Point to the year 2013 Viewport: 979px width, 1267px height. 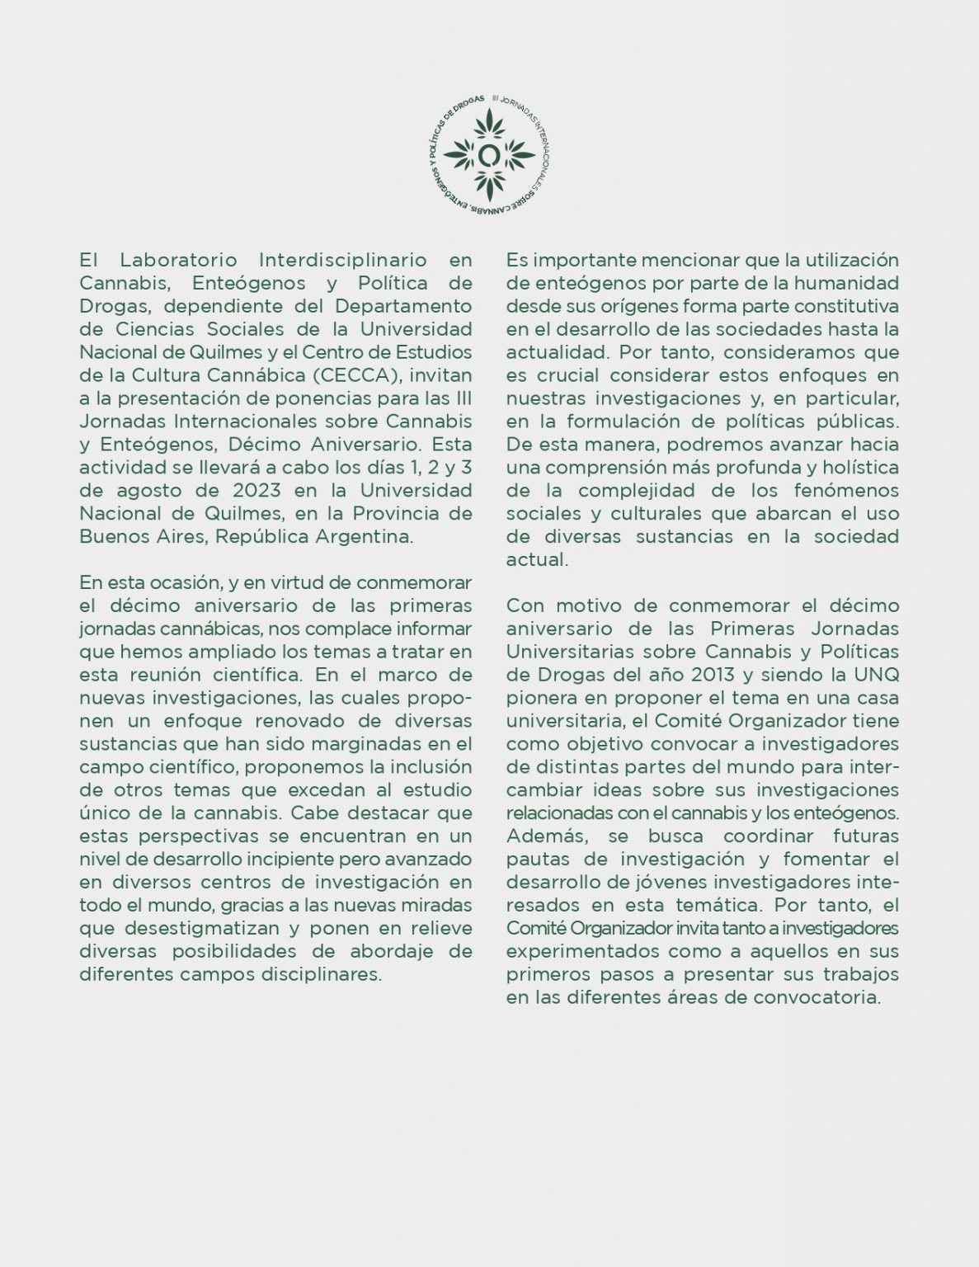click(x=713, y=674)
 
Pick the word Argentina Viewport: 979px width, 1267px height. click(x=364, y=536)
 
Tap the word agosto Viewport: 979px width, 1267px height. click(x=146, y=490)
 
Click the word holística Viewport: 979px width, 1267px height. click(x=858, y=467)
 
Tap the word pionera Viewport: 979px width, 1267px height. click(x=539, y=697)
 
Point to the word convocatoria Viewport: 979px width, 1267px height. click(x=818, y=997)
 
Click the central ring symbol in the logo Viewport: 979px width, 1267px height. click(x=489, y=154)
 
